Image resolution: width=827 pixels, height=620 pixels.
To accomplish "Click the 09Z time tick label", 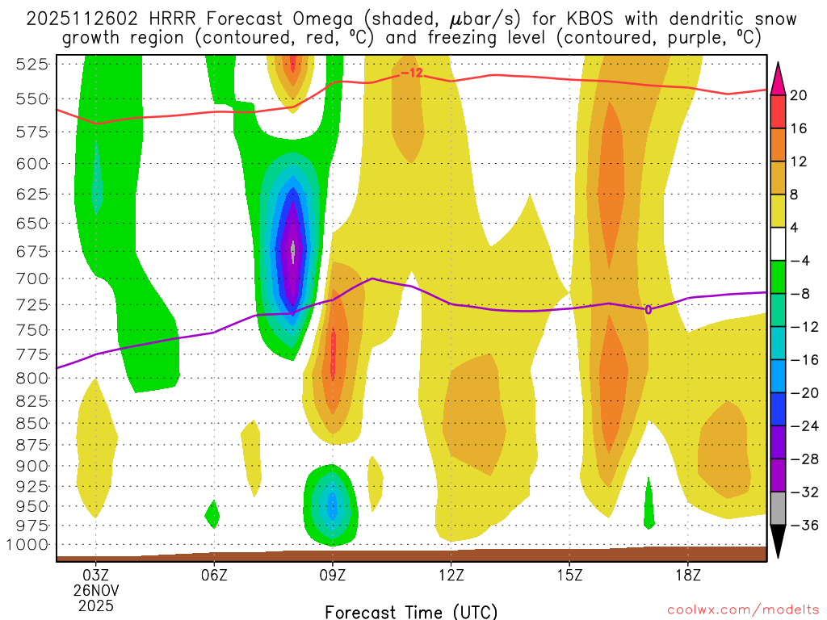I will (x=333, y=576).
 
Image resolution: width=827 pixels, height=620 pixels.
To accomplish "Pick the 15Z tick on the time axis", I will (x=569, y=576).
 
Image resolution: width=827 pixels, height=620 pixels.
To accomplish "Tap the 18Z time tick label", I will (x=688, y=576).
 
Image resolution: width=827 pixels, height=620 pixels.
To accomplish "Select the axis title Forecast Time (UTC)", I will (x=411, y=611).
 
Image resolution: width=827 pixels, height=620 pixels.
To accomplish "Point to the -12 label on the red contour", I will (x=411, y=73).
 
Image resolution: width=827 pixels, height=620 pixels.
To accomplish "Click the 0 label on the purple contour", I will (x=648, y=309).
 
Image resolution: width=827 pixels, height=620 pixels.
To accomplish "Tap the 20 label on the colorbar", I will (x=799, y=95).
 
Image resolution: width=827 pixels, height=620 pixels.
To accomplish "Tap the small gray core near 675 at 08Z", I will (x=293, y=251).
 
